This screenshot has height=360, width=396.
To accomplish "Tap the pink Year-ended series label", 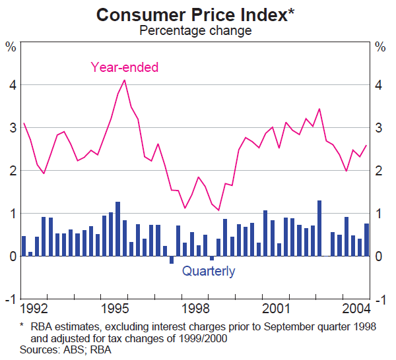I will point(125,67).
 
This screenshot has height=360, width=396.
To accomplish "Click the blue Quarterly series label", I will point(209,271).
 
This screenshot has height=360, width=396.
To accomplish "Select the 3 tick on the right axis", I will point(378,127).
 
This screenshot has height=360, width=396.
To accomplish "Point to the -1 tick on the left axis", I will point(11,299).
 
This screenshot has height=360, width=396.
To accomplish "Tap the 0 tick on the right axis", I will point(378,256).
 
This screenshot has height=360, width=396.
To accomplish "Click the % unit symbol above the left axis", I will point(11,46).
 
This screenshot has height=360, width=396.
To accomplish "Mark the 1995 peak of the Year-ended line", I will point(125,80).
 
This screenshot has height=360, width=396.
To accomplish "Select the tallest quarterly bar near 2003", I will point(319,227).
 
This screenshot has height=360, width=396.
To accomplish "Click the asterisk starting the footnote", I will point(22,326).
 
